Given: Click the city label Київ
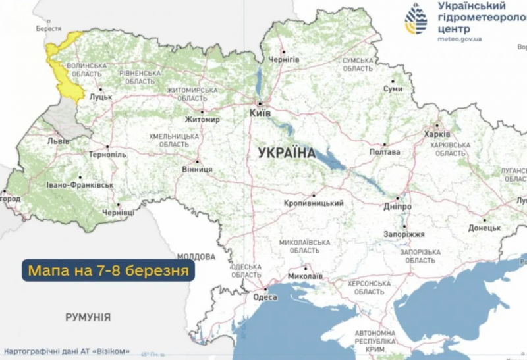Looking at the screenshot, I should pyautogui.click(x=261, y=114).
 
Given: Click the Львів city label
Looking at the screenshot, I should pyautogui.click(x=49, y=141).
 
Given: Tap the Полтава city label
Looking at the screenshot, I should pyautogui.click(x=385, y=152).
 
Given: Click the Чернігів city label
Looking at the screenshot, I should pyautogui.click(x=287, y=59).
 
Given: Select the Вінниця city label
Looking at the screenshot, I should pyautogui.click(x=197, y=169).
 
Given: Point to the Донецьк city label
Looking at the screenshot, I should pyautogui.click(x=485, y=228).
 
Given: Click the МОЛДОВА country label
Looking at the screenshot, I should pyautogui.click(x=196, y=257).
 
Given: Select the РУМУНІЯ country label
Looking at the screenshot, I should pyautogui.click(x=88, y=317).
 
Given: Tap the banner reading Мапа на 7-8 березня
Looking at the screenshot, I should pyautogui.click(x=108, y=270).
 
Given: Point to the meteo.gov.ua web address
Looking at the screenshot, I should pyautogui.click(x=459, y=39).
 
